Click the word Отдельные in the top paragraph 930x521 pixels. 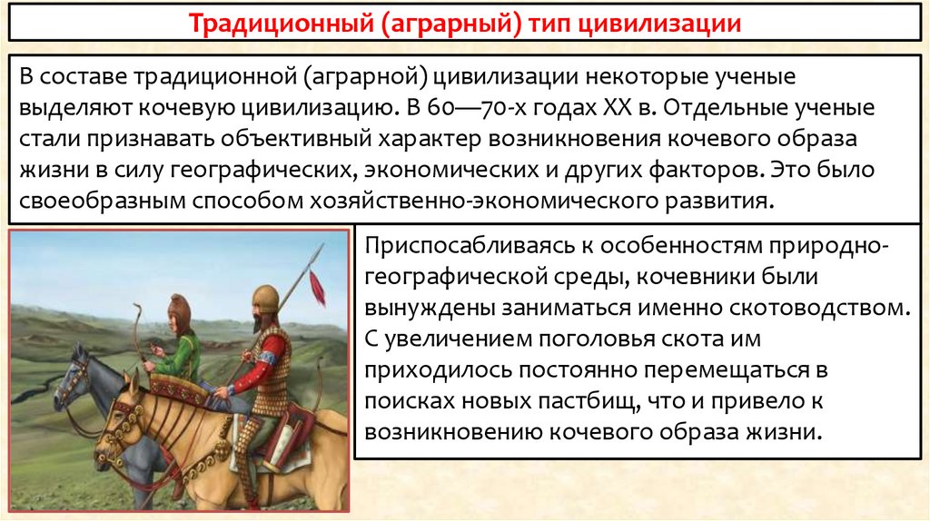[730, 107]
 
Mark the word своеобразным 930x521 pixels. [102, 200]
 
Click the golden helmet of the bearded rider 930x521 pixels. [264, 296]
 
